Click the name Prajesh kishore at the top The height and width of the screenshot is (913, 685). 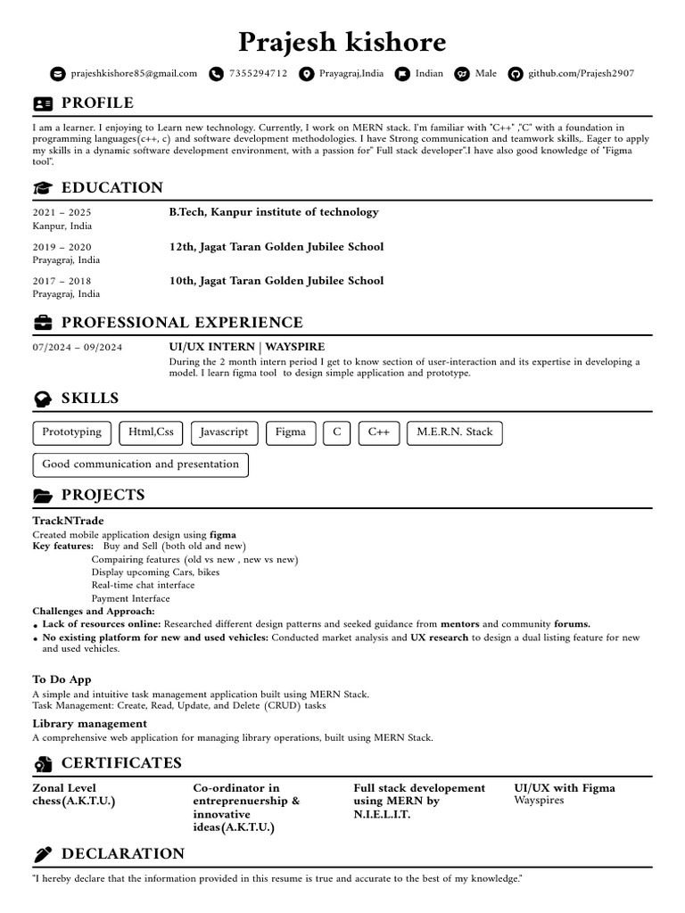click(x=342, y=42)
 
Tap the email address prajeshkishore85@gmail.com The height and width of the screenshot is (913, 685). click(x=134, y=73)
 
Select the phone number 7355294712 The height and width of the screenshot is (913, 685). click(x=258, y=73)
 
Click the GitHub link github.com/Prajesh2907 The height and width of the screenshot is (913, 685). click(x=581, y=73)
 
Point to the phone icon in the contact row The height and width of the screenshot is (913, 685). click(x=216, y=74)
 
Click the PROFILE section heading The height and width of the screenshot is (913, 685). click(x=97, y=103)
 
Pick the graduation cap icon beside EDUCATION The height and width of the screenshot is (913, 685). click(x=42, y=188)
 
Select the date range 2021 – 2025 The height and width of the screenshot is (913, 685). click(x=62, y=213)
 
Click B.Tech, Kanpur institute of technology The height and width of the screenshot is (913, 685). click(x=274, y=212)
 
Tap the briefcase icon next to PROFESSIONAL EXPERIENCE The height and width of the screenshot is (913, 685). click(x=42, y=323)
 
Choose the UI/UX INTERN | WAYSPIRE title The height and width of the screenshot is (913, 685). click(x=247, y=346)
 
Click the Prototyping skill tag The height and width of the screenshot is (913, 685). click(x=72, y=432)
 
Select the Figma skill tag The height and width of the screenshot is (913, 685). click(x=290, y=432)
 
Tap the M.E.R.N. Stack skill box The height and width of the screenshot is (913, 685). click(x=454, y=432)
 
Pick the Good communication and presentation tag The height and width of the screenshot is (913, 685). click(x=141, y=465)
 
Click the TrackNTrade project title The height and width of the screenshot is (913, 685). click(x=68, y=521)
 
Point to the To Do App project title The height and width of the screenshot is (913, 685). click(x=62, y=679)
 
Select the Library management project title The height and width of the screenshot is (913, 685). click(x=90, y=723)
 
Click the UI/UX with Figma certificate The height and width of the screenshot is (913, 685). click(x=565, y=788)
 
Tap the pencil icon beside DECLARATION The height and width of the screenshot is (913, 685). click(x=42, y=854)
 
